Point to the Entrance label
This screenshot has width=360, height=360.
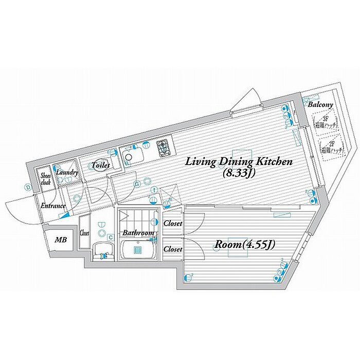click(53, 206)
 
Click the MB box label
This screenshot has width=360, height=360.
click(61, 240)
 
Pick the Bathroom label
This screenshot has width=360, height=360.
click(138, 233)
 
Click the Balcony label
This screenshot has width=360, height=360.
click(320, 104)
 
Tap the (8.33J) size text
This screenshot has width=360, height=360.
click(240, 173)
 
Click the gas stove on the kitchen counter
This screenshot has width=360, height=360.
click(165, 148)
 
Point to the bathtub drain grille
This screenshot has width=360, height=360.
click(138, 250)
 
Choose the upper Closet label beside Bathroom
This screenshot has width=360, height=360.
click(173, 224)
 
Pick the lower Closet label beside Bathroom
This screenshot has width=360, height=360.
click(173, 249)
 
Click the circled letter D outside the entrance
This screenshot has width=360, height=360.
click(27, 187)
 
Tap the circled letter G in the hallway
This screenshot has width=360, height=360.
click(137, 184)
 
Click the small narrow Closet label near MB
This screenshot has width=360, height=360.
click(84, 232)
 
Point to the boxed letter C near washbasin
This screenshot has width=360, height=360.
click(111, 237)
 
